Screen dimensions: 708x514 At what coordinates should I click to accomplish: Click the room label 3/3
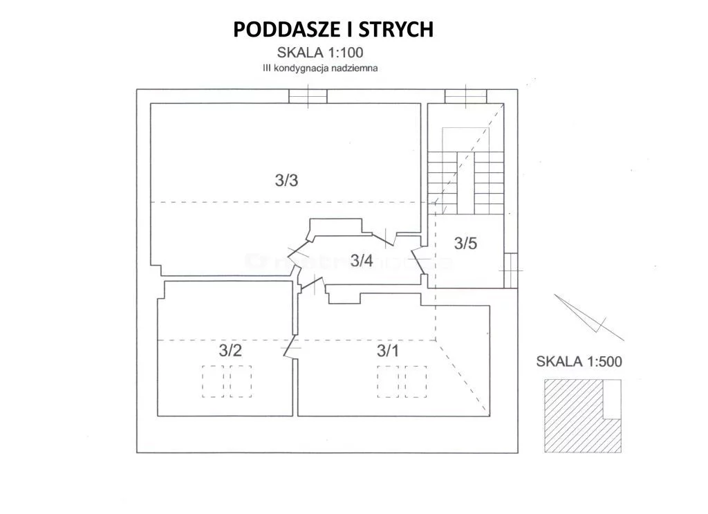click(x=286, y=181)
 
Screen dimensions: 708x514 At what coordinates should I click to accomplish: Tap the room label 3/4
click(x=362, y=261)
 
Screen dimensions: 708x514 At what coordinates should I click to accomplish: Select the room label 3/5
click(x=465, y=244)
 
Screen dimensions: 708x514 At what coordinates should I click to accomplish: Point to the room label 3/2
click(x=230, y=350)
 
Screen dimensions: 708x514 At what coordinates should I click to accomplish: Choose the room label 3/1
click(x=388, y=351)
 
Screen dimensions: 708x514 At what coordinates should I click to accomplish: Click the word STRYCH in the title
click(x=396, y=29)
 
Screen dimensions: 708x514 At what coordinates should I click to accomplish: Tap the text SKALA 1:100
click(x=320, y=53)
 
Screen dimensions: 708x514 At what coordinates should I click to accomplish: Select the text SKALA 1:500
click(x=579, y=361)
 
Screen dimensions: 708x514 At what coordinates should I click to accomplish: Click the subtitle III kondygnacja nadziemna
click(x=321, y=68)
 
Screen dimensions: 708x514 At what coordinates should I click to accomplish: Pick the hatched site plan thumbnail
click(x=582, y=416)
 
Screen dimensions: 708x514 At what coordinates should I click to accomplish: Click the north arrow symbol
click(x=589, y=317)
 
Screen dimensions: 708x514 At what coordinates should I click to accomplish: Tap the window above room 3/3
click(x=308, y=96)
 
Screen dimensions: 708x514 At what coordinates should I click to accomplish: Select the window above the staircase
click(x=466, y=96)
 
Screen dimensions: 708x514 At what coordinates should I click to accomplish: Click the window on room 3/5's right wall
click(x=511, y=270)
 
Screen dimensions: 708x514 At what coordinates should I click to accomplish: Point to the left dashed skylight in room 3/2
click(x=213, y=381)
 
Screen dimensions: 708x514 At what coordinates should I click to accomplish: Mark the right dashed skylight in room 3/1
click(x=416, y=382)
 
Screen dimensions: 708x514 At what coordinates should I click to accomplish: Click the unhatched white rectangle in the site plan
click(x=613, y=399)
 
